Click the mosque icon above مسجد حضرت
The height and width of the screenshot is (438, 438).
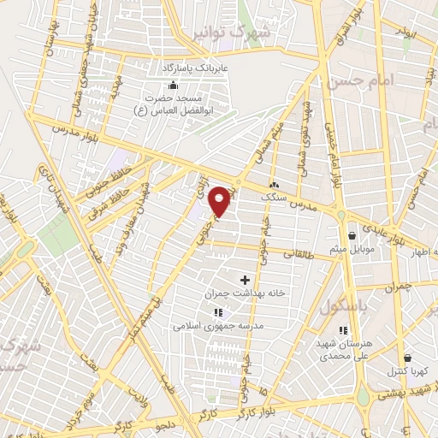click(x=174, y=85)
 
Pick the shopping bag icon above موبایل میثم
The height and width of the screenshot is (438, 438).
click(x=352, y=236)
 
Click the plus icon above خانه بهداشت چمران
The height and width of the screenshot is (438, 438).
click(x=246, y=280)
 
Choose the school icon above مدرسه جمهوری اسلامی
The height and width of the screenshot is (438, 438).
click(x=217, y=312)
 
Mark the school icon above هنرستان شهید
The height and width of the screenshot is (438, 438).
click(x=342, y=331)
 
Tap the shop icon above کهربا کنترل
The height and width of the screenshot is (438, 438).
click(x=407, y=358)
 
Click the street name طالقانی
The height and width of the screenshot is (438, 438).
click(x=304, y=254)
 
